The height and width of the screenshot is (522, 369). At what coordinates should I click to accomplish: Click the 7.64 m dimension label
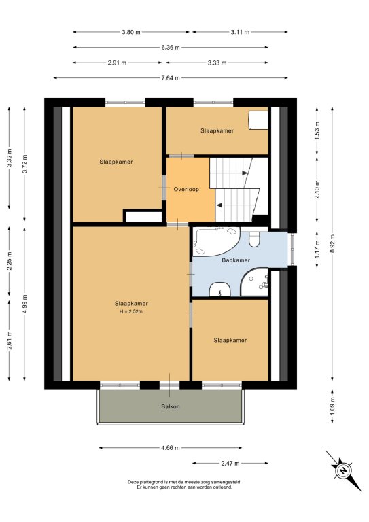[171, 78]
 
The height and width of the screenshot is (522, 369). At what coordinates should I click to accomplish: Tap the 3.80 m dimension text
[131, 32]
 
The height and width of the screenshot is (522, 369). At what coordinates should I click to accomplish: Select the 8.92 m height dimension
[332, 243]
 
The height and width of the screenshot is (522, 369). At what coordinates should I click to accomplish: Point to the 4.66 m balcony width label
[171, 448]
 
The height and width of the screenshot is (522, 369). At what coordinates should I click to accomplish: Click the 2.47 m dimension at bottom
[230, 463]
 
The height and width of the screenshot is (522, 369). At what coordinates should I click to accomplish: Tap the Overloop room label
[186, 189]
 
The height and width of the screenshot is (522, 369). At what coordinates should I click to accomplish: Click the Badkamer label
[236, 260]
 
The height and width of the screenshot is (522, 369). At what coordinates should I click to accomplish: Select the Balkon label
[171, 406]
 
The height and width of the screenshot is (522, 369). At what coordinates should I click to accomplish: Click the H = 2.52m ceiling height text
[131, 311]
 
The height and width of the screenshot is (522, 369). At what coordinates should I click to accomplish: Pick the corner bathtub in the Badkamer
[215, 241]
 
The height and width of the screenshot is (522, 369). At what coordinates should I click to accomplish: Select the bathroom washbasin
[220, 290]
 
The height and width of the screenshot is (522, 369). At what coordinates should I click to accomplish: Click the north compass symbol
[343, 471]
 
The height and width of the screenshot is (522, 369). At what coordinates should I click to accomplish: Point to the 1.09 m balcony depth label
[332, 406]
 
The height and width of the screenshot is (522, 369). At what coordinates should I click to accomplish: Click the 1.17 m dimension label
[317, 249]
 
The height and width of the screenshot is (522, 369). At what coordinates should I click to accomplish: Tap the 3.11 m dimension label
[241, 32]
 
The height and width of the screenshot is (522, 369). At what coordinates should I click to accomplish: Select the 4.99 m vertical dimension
[24, 304]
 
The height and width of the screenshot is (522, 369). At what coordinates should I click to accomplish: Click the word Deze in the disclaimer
[133, 482]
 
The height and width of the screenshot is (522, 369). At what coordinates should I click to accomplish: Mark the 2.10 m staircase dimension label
[317, 190]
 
